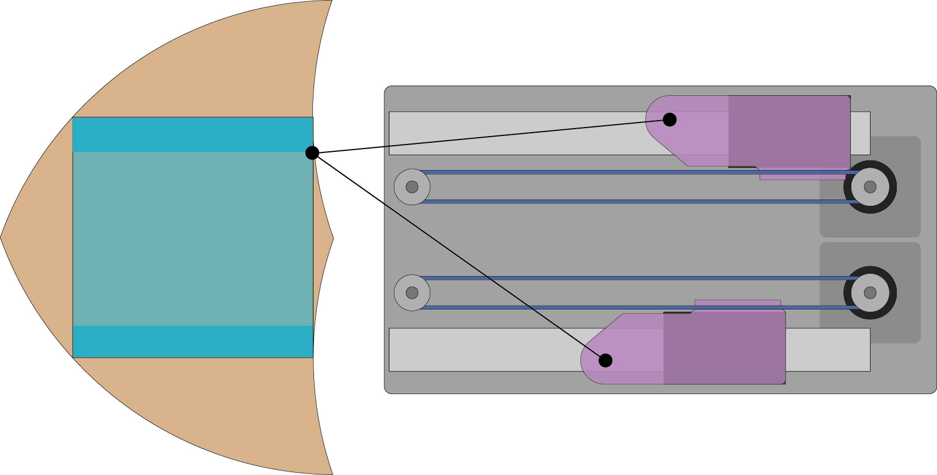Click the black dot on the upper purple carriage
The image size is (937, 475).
pos(669,120)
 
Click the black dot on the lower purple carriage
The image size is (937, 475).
pos(605,361)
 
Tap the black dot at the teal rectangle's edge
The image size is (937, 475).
pos(312,153)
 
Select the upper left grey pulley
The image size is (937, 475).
pos(412,187)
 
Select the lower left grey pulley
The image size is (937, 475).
pos(412,292)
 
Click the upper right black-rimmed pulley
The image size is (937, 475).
pos(870,187)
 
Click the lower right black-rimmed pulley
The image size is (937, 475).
pos(870,292)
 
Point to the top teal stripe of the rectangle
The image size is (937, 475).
pos(193,134)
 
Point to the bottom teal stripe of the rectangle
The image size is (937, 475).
pos(193,342)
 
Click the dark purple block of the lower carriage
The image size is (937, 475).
pos(724,349)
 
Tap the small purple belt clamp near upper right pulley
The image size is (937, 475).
pos(802,177)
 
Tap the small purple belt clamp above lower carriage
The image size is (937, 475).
pos(737,303)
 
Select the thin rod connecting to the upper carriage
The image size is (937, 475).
pos(487,137)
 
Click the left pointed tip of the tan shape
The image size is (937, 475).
pos(2,237)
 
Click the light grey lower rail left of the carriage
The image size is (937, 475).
pos(482,350)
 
